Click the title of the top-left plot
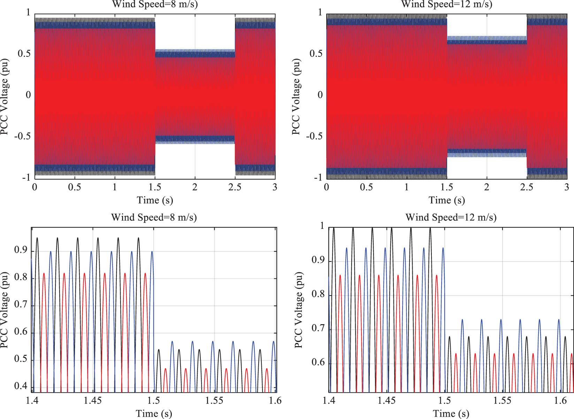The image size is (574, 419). click(155, 5)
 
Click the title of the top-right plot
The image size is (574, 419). click(446, 5)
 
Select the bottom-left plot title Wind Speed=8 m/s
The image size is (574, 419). click(154, 218)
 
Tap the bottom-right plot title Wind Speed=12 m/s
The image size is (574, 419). click(451, 218)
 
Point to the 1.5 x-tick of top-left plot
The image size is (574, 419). click(155, 188)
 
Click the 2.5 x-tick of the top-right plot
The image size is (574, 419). click(527, 188)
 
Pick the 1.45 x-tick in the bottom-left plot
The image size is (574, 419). click(93, 401)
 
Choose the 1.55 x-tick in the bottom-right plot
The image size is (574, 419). click(502, 401)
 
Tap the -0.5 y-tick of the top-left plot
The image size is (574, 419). click(22, 136)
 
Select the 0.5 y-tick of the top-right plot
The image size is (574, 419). click(316, 54)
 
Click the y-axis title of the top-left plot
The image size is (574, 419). click(5, 97)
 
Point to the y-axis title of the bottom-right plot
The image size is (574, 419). click(299, 310)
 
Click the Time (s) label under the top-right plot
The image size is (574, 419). click(446, 200)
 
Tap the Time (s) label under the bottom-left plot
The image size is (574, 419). click(154, 413)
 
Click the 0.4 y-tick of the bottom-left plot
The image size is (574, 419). click(21, 386)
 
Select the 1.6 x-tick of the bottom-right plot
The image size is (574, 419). click(560, 401)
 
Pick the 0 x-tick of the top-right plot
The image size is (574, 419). click(327, 188)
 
